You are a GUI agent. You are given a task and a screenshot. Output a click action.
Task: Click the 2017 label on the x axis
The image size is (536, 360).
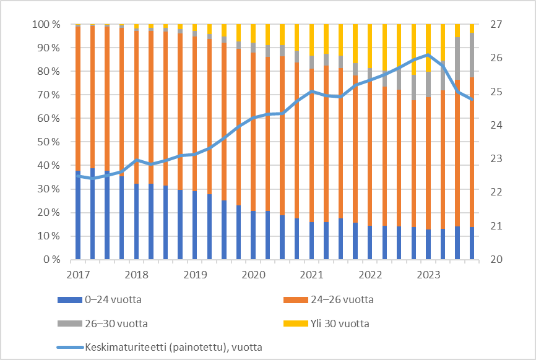pos(79,274)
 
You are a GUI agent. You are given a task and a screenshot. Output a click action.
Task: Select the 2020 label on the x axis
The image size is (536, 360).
pos(253,274)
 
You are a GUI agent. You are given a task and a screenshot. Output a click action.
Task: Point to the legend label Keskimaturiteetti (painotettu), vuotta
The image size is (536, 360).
pos(173,347)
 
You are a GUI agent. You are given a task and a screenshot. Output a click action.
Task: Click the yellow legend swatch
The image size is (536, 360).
pos(295,324)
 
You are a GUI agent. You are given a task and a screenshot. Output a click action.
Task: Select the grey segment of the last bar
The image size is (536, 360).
pos(472,55)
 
